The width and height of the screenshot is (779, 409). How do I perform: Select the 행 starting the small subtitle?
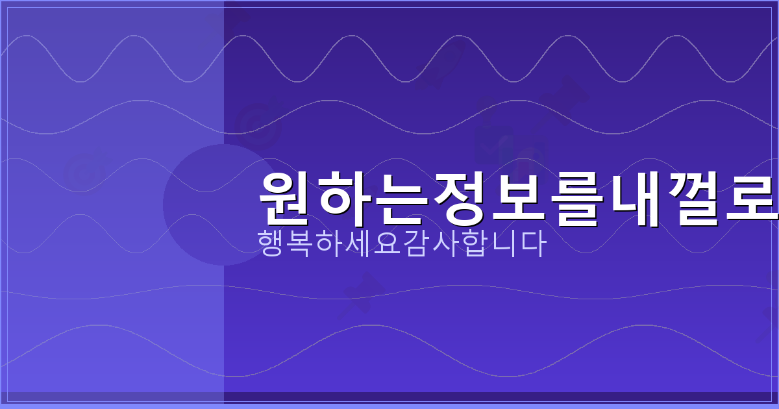click(272, 243)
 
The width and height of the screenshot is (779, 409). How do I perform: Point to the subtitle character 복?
click(301, 243)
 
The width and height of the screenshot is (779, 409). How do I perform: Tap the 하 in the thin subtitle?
click(330, 243)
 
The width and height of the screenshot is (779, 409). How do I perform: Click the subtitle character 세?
click(358, 243)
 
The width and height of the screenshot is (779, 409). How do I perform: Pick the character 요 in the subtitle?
click(388, 243)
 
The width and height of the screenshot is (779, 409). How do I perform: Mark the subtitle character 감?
click(416, 243)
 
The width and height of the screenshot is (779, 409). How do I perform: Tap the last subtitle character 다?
click(532, 243)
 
